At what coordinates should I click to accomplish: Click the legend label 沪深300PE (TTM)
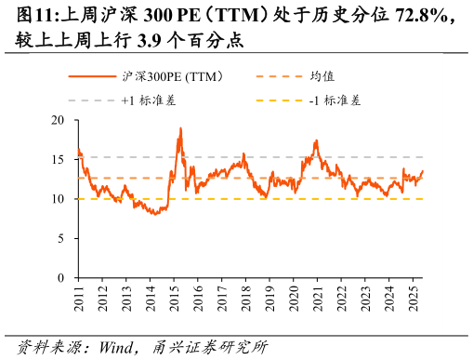click(x=172, y=76)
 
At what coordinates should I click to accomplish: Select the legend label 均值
click(x=322, y=76)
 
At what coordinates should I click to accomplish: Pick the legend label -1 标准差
click(x=335, y=99)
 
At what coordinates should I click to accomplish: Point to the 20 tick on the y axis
click(x=59, y=120)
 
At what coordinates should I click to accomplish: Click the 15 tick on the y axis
click(x=59, y=160)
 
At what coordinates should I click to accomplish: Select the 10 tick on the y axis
click(x=59, y=199)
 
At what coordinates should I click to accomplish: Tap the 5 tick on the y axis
click(x=61, y=239)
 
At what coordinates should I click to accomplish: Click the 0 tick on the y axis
click(x=61, y=278)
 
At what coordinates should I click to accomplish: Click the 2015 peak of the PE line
click(x=180, y=128)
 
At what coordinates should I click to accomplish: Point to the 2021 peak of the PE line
click(x=317, y=140)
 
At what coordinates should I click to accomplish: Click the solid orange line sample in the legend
click(x=93, y=76)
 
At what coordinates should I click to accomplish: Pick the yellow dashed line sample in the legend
click(x=279, y=99)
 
